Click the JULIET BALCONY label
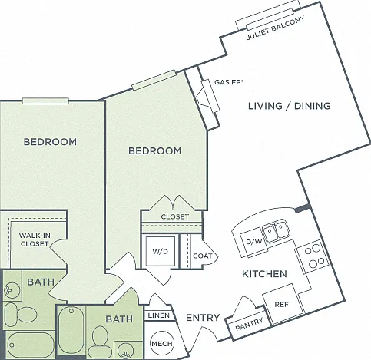(276, 28)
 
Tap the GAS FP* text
(228, 82)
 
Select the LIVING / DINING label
(290, 106)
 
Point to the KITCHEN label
(264, 274)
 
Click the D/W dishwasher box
(253, 242)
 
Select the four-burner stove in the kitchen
(313, 256)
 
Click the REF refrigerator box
(283, 304)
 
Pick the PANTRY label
(249, 324)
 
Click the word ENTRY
(203, 318)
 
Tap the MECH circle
(162, 343)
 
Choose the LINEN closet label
(159, 315)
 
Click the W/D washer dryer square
(161, 251)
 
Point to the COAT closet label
(203, 256)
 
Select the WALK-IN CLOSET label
(35, 239)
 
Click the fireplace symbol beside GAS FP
(208, 97)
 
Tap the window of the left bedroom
(45, 101)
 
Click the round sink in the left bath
(12, 289)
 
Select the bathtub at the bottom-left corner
(31, 345)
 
